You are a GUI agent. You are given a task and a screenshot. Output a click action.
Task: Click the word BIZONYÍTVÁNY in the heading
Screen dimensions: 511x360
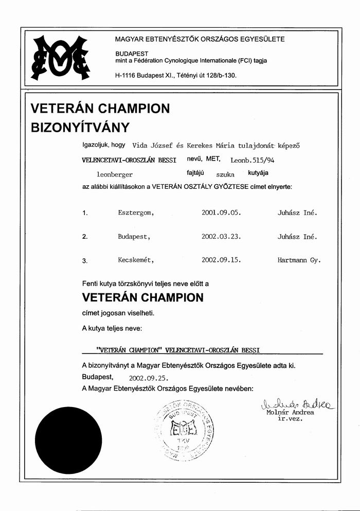80,127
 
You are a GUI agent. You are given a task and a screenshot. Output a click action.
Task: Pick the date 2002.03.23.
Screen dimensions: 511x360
221,237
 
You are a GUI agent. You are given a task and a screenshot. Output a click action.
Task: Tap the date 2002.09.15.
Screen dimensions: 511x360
221,260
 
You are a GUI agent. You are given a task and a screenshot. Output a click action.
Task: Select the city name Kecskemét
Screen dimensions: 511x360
136,260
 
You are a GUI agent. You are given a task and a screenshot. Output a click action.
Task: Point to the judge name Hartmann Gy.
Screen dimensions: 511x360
298,260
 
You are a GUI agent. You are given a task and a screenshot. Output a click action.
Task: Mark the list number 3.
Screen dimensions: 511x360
85,261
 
